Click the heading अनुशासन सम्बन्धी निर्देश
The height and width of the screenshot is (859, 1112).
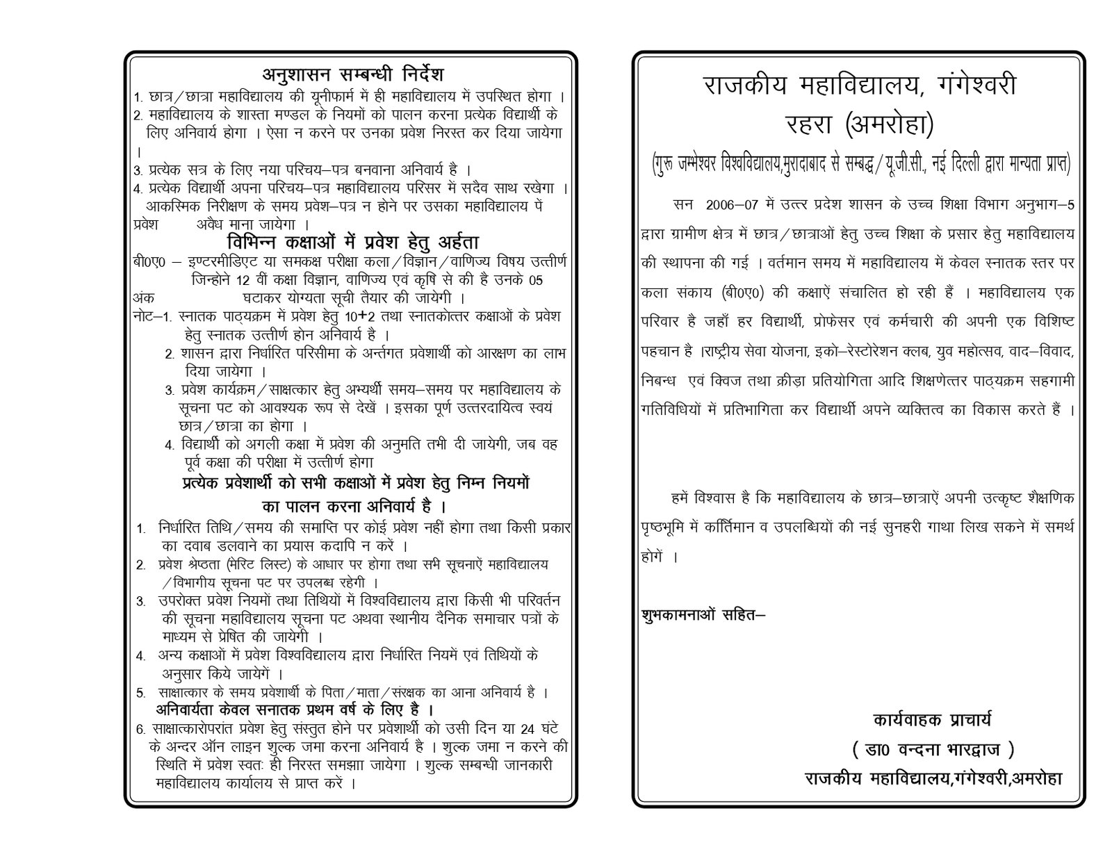pyautogui.click(x=352, y=74)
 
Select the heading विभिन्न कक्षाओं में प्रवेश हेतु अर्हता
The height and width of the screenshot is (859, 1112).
pyautogui.click(x=353, y=242)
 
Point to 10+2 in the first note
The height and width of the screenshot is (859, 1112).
pyautogui.click(x=362, y=316)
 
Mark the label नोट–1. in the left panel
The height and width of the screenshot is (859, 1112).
pyautogui.click(x=152, y=316)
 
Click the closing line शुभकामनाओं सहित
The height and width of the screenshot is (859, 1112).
pyautogui.click(x=702, y=615)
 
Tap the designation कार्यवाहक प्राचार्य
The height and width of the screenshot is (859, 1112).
pyautogui.click(x=932, y=719)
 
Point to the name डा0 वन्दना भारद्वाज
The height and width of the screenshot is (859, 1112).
pyautogui.click(x=933, y=749)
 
